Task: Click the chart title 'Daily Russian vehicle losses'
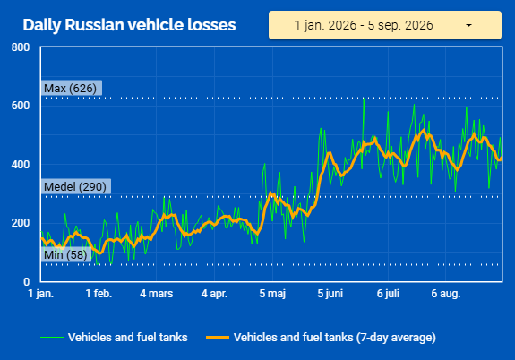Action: pos(129,25)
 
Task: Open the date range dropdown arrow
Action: pos(468,25)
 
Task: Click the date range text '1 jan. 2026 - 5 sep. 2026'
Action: pos(364,25)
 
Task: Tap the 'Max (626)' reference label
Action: pos(71,88)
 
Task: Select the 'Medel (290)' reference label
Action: pos(75,186)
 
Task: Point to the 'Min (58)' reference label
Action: pos(65,254)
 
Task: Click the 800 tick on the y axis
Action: pos(21,47)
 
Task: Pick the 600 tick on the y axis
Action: pos(21,106)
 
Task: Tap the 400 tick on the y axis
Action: pos(21,164)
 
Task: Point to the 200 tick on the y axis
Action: pos(21,223)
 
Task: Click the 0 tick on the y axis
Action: pos(27,281)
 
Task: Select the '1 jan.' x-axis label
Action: pos(40,294)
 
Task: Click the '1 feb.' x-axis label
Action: pos(99,294)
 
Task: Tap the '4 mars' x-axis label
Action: pos(157,294)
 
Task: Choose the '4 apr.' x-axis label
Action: pos(214,294)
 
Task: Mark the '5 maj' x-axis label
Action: pos(272,294)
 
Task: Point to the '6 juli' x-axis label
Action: pos(388,294)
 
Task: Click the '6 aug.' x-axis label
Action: pos(446,294)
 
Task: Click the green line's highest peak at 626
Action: pos(364,99)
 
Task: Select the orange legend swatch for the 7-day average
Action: pos(218,338)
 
